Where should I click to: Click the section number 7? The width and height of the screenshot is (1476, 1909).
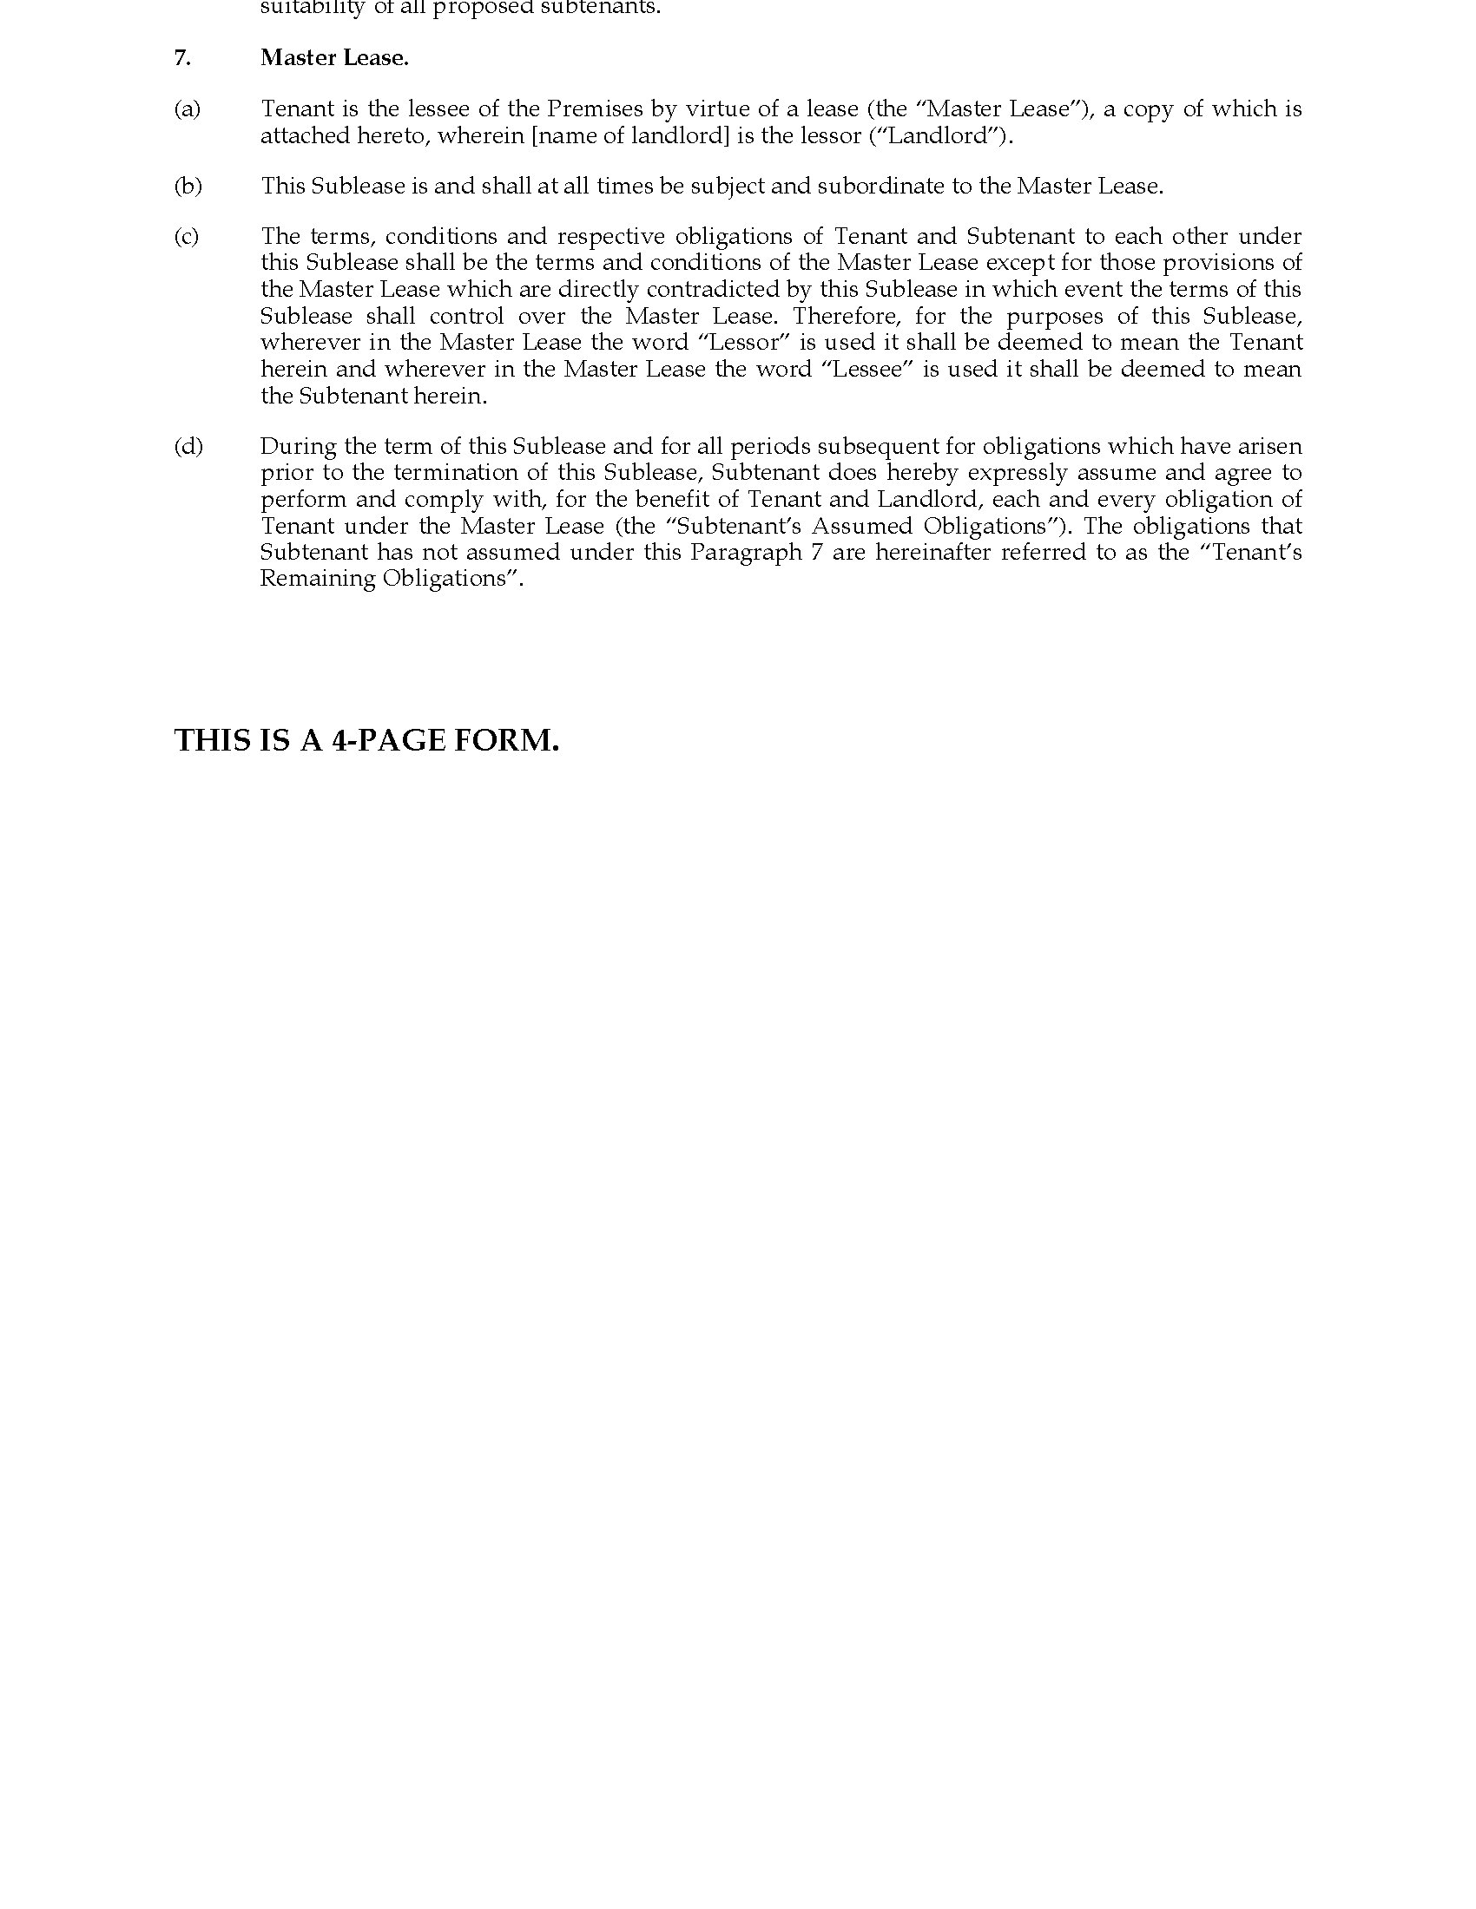click(x=181, y=58)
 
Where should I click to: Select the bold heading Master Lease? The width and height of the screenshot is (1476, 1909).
click(x=334, y=58)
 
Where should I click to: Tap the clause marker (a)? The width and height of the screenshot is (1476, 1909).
click(x=188, y=109)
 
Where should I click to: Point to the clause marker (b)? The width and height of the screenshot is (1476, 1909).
click(x=188, y=187)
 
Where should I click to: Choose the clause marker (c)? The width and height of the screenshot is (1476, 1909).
click(x=187, y=237)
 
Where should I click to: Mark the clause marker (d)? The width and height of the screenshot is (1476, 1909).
click(x=188, y=447)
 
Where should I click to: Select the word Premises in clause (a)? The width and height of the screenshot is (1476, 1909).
click(x=595, y=109)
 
